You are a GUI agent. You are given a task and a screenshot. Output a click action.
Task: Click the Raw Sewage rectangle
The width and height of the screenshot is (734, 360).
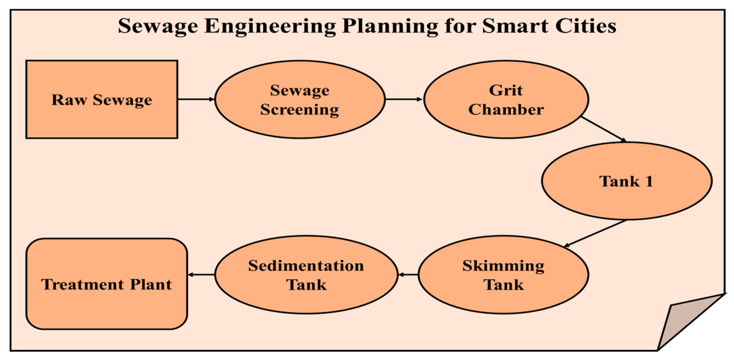[x=102, y=99]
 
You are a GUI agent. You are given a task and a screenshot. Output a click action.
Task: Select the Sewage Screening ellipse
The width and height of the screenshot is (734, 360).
[x=300, y=99]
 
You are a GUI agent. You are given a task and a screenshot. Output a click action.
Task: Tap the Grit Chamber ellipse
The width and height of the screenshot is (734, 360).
[x=506, y=99]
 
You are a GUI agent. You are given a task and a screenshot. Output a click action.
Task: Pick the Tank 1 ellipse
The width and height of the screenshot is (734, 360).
[x=626, y=181]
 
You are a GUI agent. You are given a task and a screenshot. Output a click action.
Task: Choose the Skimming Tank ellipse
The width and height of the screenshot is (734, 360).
[x=503, y=275]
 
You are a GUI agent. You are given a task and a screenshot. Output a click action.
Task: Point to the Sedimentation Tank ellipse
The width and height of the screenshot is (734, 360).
[x=306, y=275]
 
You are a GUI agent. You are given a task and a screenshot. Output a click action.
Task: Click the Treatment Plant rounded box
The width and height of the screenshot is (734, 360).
[x=106, y=284]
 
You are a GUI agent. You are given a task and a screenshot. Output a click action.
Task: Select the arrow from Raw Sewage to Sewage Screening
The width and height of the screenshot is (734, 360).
[x=196, y=99]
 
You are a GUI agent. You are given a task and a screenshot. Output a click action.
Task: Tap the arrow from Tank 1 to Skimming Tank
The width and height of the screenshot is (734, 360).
[x=596, y=233]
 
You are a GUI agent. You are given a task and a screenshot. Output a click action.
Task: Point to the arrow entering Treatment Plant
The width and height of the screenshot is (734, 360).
[x=201, y=275]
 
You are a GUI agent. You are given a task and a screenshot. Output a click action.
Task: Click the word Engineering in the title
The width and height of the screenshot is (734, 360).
[x=270, y=26]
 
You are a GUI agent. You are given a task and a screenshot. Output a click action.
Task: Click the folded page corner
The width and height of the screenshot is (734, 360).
[x=684, y=322]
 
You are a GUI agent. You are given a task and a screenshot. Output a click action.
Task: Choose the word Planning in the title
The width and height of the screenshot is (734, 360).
[x=390, y=26]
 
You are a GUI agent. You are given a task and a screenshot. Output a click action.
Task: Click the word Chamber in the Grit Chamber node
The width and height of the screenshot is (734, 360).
[x=506, y=109]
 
